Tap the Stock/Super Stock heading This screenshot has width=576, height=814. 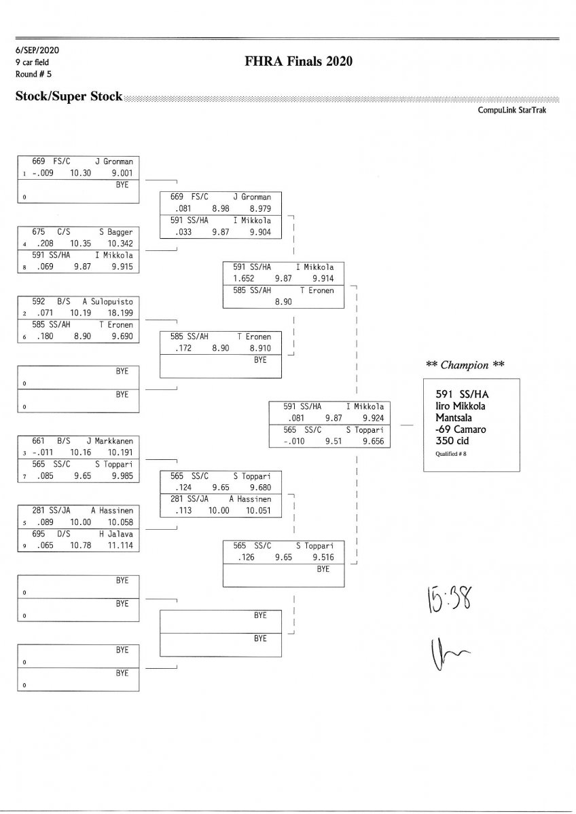(x=69, y=96)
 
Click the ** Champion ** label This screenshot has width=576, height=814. (x=465, y=365)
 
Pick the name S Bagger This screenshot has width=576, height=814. (x=116, y=232)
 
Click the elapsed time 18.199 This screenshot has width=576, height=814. (x=122, y=313)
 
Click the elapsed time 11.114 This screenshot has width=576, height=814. (x=122, y=545)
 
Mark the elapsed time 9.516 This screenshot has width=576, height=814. (x=323, y=558)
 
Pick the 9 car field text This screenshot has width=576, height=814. (x=32, y=62)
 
